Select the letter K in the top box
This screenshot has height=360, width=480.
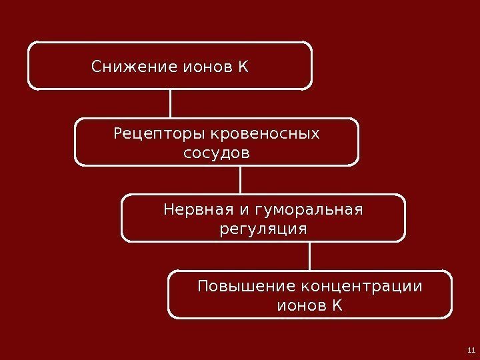(242, 67)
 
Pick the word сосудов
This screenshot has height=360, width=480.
(216, 154)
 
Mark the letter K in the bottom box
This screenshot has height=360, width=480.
(337, 306)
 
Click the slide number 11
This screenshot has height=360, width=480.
(471, 351)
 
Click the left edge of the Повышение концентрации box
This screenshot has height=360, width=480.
(168, 294)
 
